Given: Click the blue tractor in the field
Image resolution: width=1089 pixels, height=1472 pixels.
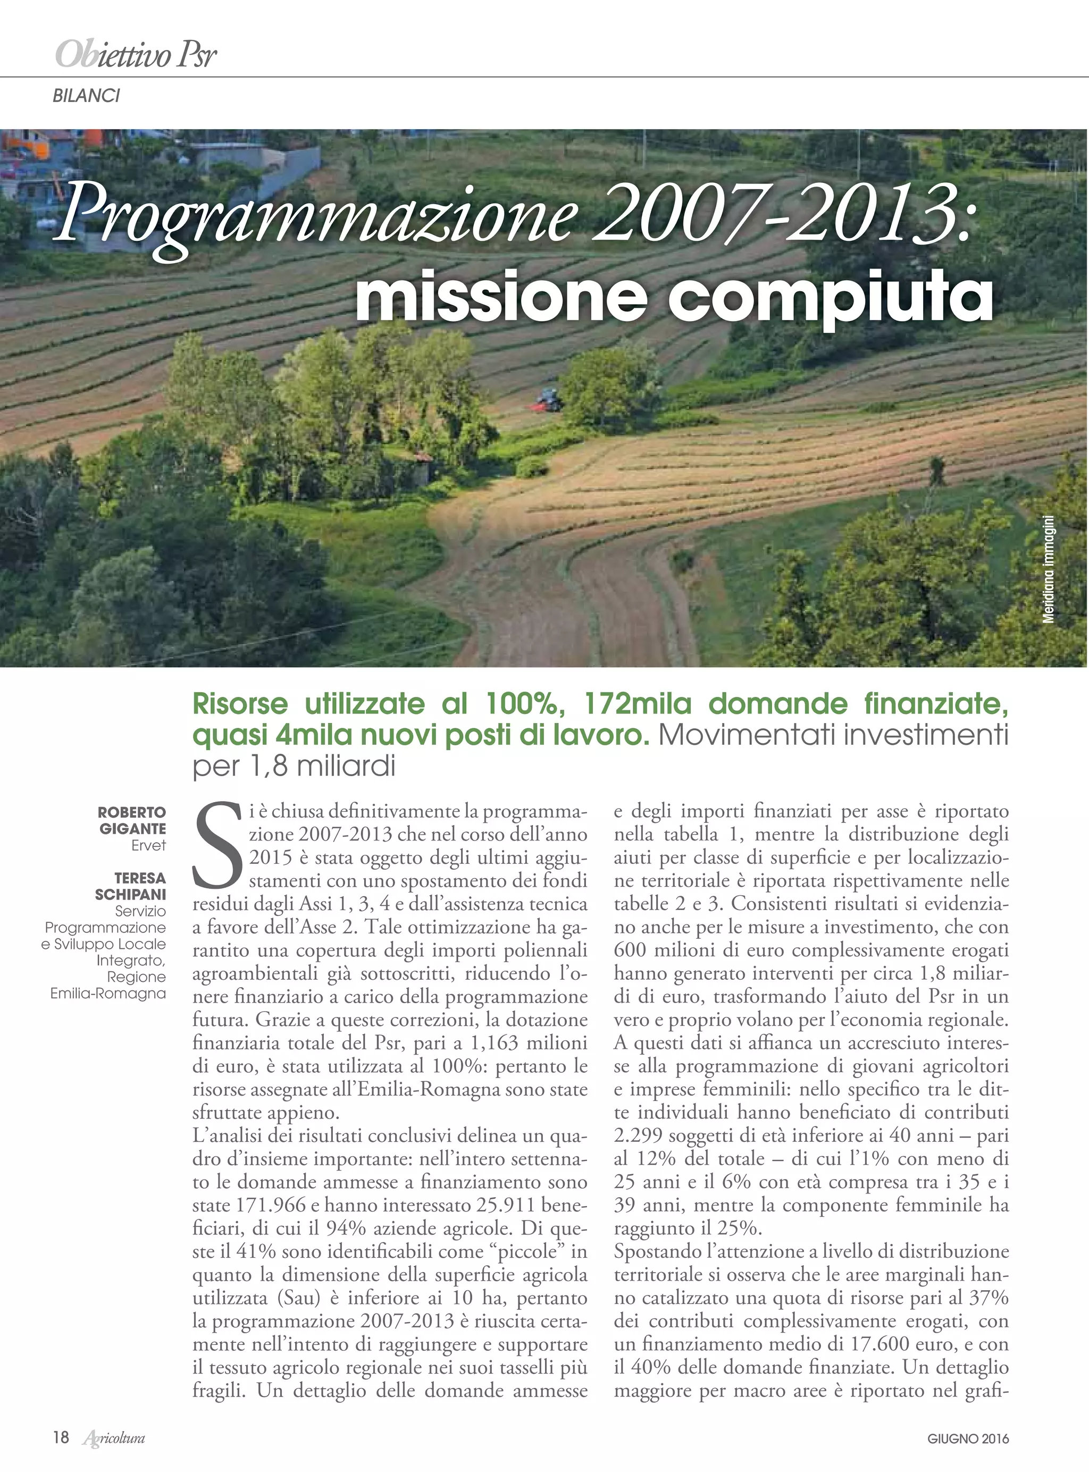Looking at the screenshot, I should click(x=547, y=397).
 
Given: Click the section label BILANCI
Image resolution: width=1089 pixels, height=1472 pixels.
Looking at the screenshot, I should click(x=86, y=96).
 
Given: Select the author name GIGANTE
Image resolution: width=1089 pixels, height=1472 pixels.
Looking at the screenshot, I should click(x=132, y=829).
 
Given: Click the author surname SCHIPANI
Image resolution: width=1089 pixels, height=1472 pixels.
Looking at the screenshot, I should click(x=130, y=895).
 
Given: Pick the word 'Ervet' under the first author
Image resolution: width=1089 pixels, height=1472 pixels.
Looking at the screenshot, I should click(x=148, y=845).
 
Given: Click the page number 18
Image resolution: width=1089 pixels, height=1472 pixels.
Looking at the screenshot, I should click(x=61, y=1437).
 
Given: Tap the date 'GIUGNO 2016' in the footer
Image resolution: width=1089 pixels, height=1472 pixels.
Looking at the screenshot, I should click(x=968, y=1439).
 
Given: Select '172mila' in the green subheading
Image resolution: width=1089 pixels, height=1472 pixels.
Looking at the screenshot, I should click(x=638, y=704).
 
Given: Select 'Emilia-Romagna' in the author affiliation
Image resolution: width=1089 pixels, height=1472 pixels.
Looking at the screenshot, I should click(x=108, y=994).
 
